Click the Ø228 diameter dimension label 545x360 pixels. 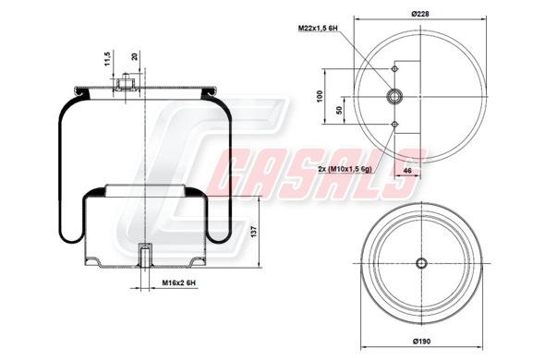coord(420,14)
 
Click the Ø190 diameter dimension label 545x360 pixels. coord(421,342)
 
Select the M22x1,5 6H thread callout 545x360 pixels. coord(318,28)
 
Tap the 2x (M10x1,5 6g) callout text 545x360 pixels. coord(345,169)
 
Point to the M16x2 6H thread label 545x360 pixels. coord(179,283)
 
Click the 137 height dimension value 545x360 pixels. coord(254,232)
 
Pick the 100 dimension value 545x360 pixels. coord(320,96)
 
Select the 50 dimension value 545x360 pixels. coord(340,110)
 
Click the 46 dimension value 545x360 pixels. coord(407,171)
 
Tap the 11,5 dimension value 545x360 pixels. coord(107,59)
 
